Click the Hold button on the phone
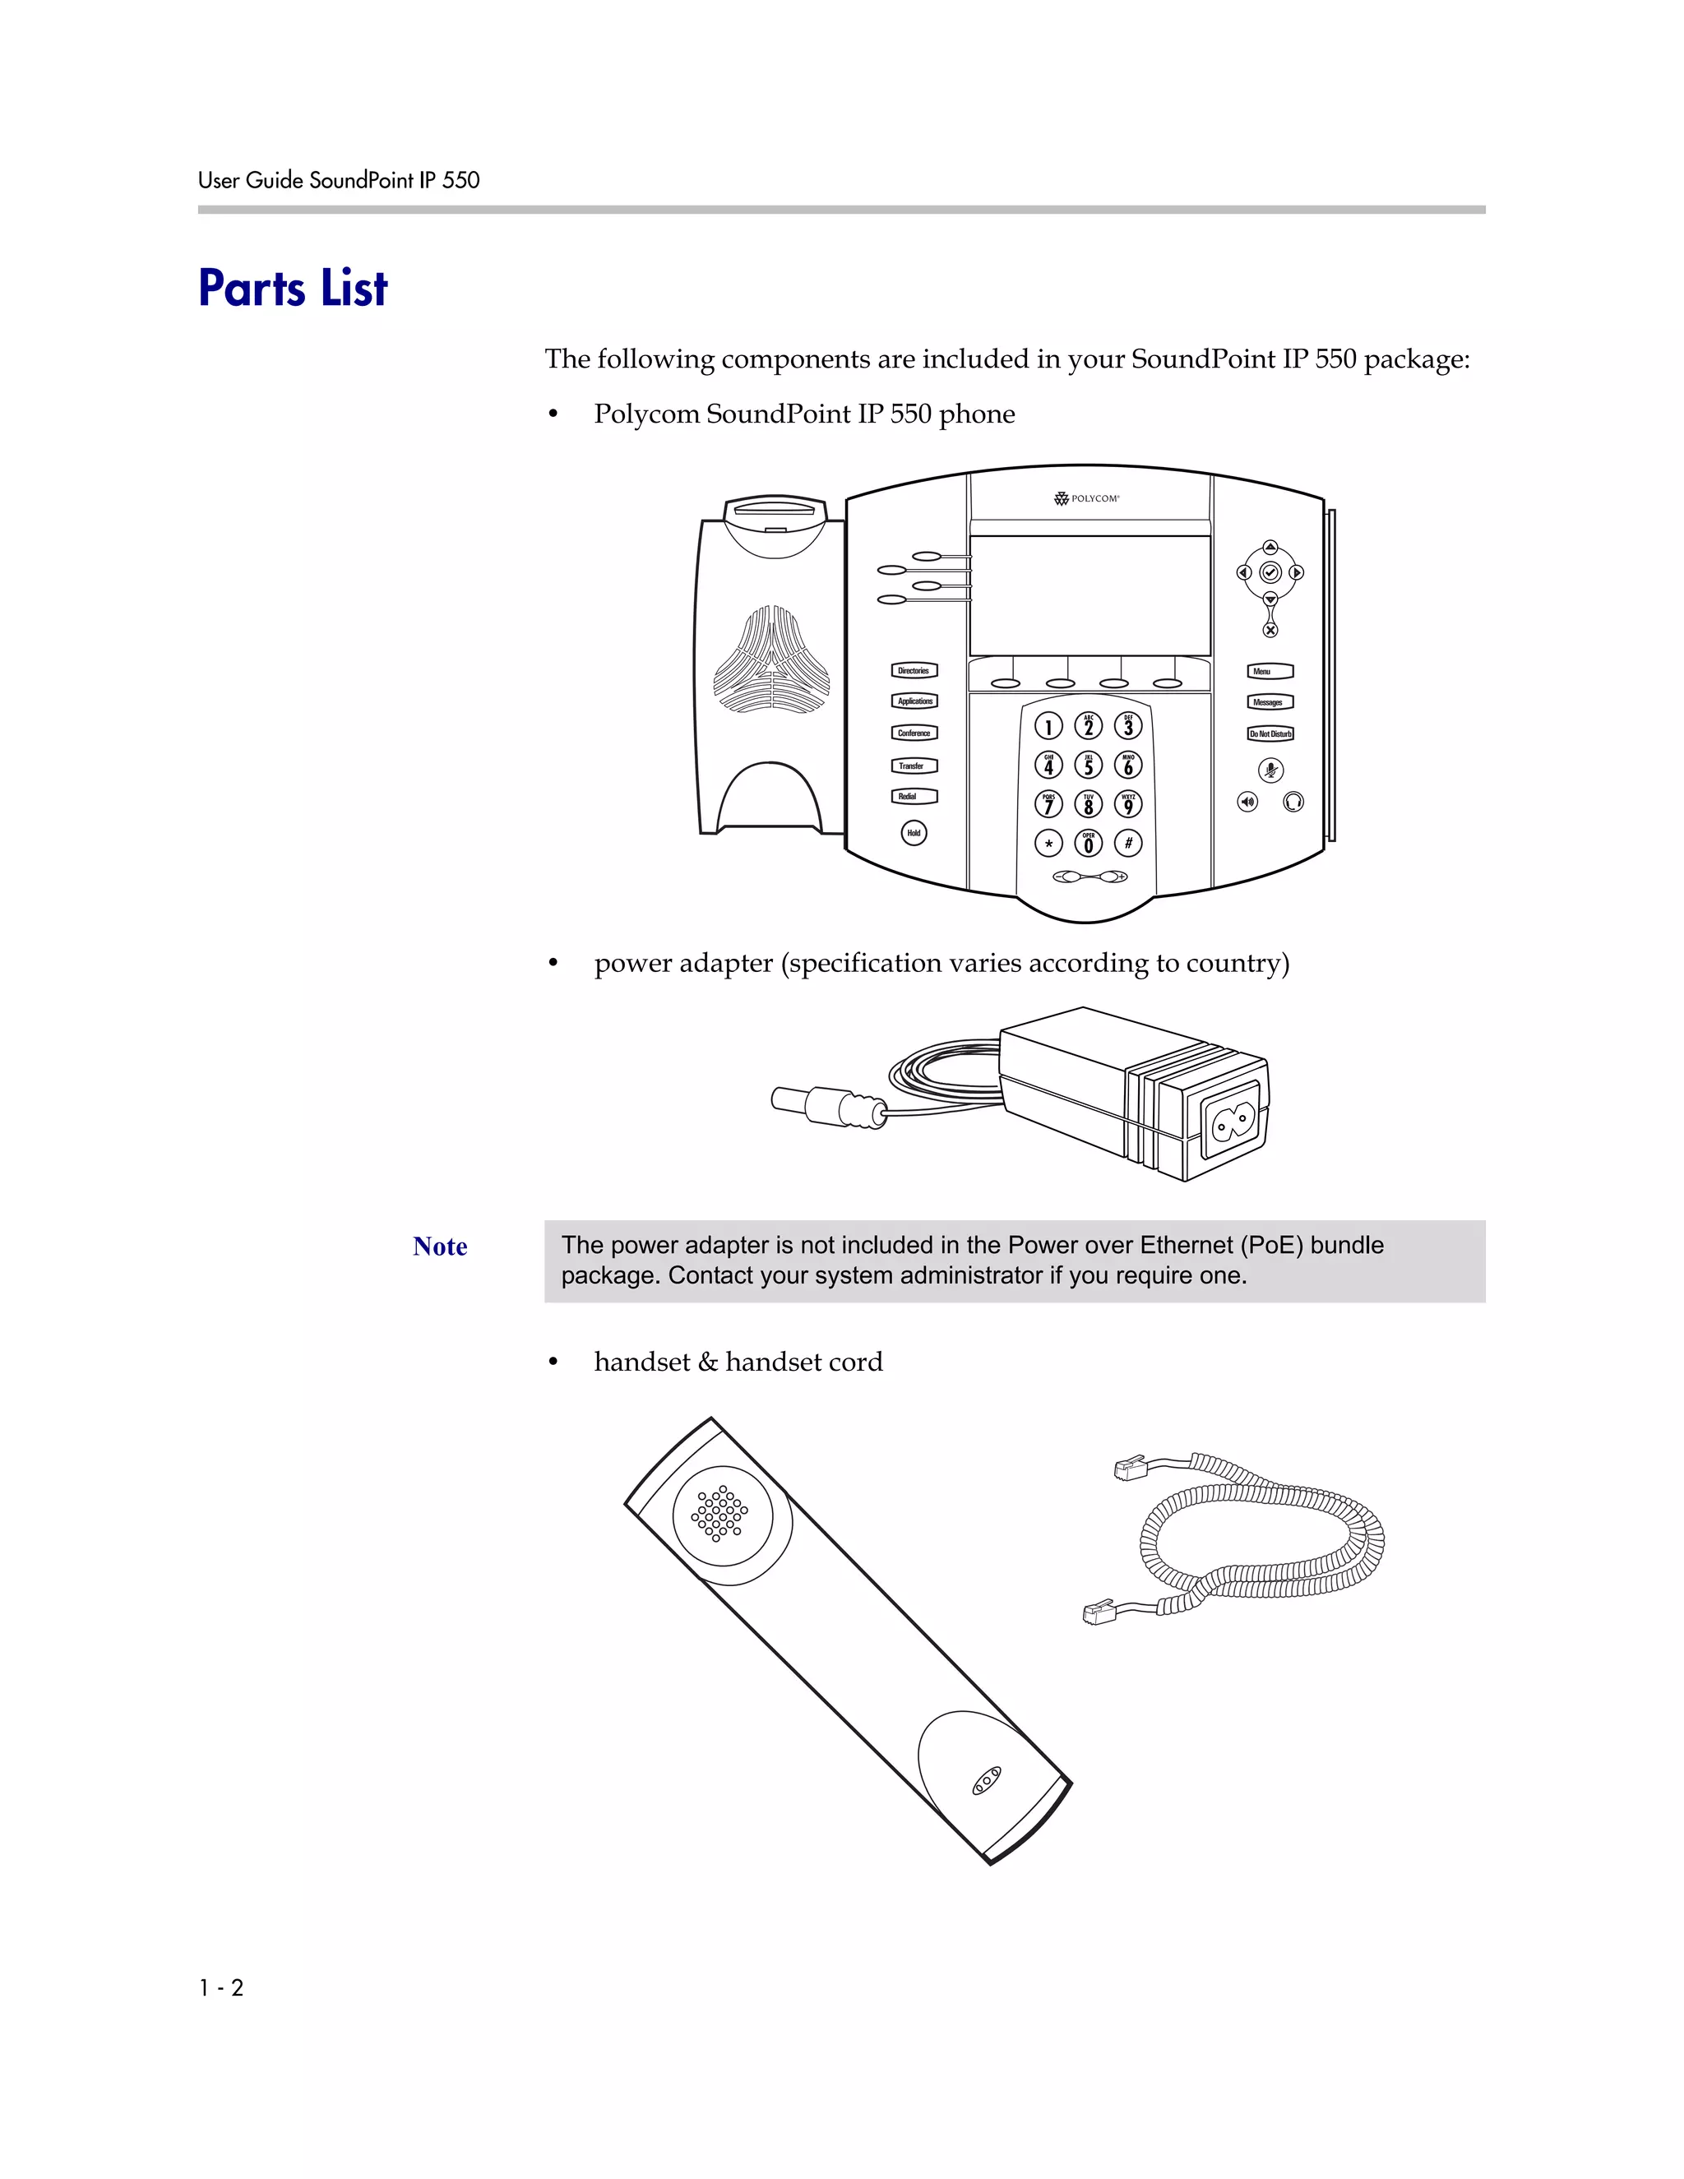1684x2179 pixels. (x=914, y=832)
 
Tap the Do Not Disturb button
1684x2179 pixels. (x=1270, y=733)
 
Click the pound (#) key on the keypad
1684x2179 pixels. (x=1128, y=843)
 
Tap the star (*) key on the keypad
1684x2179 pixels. (x=1048, y=844)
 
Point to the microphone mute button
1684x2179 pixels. (x=1270, y=770)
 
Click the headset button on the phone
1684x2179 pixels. (x=1293, y=801)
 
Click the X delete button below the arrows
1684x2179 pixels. (x=1270, y=631)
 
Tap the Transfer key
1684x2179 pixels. (x=914, y=766)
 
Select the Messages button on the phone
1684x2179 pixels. (x=1270, y=702)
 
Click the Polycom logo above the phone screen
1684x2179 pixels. (x=1087, y=497)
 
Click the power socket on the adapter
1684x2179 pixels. (x=1230, y=1124)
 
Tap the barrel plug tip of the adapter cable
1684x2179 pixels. (x=788, y=1099)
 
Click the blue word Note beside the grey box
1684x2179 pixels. (x=440, y=1246)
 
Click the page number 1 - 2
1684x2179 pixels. (x=221, y=1987)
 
